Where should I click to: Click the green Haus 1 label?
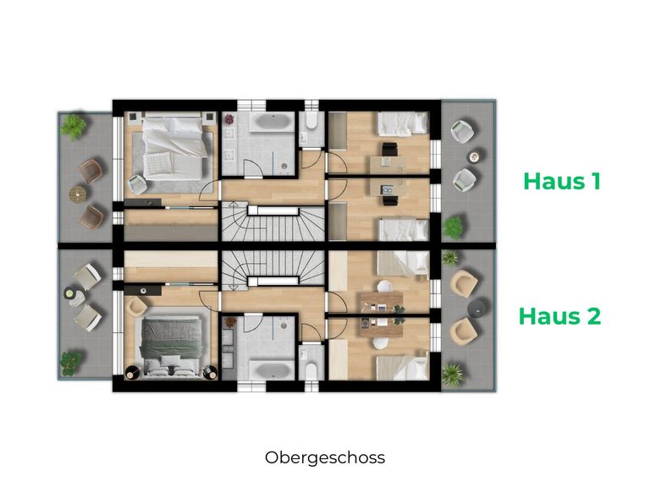[x=561, y=181]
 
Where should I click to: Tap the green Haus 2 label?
[x=559, y=316]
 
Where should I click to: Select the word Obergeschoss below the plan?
[x=324, y=457]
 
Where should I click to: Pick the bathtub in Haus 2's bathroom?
[x=269, y=369]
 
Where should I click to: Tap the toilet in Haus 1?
[x=311, y=129]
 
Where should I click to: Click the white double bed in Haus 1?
[x=173, y=147]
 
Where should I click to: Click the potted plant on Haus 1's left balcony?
[x=74, y=127]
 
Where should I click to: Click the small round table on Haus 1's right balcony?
[x=476, y=156]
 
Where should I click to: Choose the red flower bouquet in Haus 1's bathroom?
[x=229, y=121]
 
